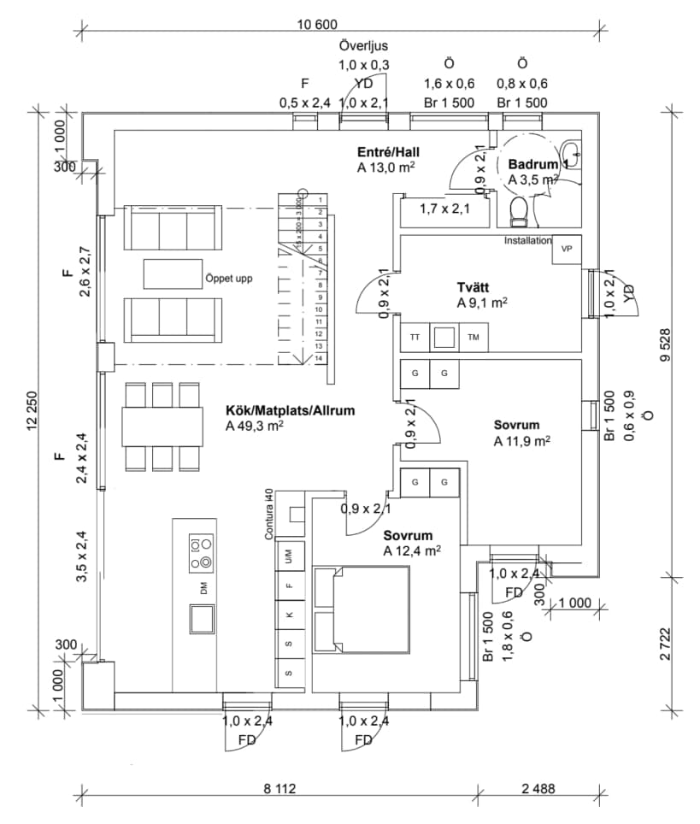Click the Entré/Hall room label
389,152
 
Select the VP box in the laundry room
565,249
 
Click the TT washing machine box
415,338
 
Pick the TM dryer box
474,338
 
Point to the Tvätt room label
471,288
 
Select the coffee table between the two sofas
172,274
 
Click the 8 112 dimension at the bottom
274,789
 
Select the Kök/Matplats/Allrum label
290,410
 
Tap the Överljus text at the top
364,45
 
